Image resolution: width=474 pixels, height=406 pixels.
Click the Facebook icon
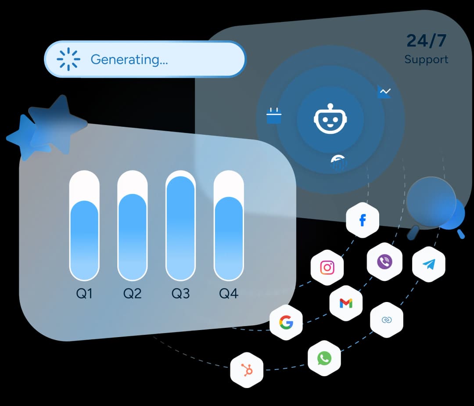(363, 220)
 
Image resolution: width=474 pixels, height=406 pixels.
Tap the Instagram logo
(327, 267)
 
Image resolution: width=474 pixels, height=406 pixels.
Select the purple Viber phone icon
(384, 262)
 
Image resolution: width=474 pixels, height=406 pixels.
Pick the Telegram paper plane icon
(429, 264)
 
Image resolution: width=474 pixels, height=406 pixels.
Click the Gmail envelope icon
(346, 303)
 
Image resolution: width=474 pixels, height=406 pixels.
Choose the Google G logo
(286, 323)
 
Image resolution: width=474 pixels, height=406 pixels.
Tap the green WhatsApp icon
(324, 359)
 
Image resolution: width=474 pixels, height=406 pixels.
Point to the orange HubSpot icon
(247, 370)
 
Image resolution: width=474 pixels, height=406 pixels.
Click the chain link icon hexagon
(386, 320)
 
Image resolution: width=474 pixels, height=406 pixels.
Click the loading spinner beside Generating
(68, 59)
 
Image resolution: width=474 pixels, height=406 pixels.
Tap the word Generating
(129, 59)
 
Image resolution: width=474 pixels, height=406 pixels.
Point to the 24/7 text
(426, 40)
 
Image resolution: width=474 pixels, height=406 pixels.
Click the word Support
(426, 59)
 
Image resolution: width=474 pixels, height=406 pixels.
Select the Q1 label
(84, 293)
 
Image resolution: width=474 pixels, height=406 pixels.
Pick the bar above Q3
(180, 226)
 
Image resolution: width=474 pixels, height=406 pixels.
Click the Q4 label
(229, 293)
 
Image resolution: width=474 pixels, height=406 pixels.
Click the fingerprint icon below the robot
(338, 163)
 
